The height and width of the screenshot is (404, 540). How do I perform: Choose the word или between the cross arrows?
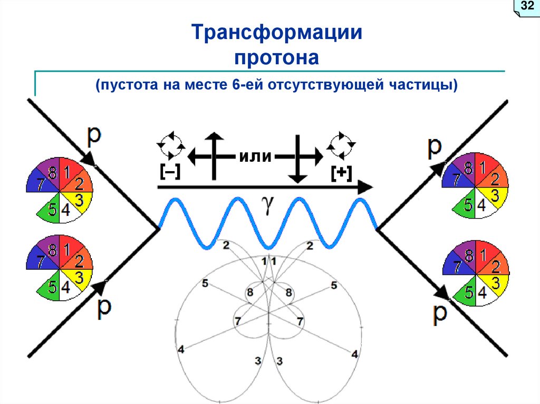pyautogui.click(x=255, y=156)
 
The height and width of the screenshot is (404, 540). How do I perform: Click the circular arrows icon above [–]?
pyautogui.click(x=171, y=145)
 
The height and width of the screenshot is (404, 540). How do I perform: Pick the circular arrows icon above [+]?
pyautogui.click(x=342, y=145)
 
